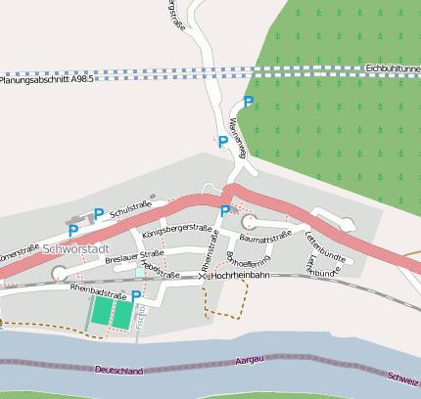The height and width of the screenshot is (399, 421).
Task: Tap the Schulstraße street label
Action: [131, 207]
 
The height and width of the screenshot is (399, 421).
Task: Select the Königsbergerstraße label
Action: [177, 231]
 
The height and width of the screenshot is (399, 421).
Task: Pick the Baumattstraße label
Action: [266, 236]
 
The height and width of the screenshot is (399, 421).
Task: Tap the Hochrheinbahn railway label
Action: [239, 277]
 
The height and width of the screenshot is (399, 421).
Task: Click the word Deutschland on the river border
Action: [120, 371]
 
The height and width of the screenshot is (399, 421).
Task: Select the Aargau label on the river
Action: [251, 361]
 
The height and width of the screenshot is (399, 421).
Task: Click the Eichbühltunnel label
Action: [391, 68]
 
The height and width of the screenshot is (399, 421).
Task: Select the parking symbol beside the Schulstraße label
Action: [99, 213]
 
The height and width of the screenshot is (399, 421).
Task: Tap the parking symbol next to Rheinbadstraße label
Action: [136, 295]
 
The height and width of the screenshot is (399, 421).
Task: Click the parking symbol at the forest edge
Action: [249, 102]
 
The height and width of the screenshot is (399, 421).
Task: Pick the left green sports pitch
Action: [101, 312]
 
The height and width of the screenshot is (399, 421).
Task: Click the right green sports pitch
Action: [121, 312]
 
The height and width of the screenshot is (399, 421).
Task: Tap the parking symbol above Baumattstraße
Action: [225, 210]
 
